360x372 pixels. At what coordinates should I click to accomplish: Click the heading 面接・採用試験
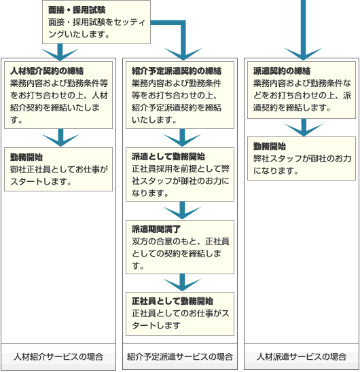[77, 10]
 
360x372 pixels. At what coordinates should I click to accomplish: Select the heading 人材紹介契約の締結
[47, 71]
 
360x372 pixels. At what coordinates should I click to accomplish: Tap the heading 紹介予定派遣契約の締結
[177, 71]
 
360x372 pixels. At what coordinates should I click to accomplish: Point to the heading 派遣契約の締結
[282, 71]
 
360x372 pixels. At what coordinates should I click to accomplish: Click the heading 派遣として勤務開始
[168, 157]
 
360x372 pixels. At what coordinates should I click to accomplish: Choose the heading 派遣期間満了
[156, 229]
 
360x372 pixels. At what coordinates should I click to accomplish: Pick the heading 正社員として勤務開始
[173, 301]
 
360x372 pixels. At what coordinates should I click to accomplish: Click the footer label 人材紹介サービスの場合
[58, 356]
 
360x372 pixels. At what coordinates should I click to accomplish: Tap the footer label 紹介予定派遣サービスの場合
[180, 356]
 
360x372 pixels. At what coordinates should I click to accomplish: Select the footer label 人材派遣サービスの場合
[302, 356]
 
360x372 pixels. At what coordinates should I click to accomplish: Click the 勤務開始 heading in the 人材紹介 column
[26, 157]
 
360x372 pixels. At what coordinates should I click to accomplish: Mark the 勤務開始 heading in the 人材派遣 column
[270, 146]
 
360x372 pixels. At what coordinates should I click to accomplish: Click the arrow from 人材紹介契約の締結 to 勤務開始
[60, 138]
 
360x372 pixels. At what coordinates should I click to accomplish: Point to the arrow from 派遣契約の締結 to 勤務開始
[304, 128]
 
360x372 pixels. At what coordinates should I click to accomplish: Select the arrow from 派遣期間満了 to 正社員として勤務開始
[182, 283]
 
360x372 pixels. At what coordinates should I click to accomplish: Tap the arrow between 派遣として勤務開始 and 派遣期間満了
[182, 210]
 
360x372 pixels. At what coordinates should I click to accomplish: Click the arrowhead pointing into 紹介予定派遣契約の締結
[183, 54]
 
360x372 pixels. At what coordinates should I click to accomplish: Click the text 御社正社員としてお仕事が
[59, 169]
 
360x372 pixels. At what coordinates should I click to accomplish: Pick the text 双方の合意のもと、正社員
[181, 241]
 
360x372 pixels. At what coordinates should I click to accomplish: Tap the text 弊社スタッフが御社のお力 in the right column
[302, 158]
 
